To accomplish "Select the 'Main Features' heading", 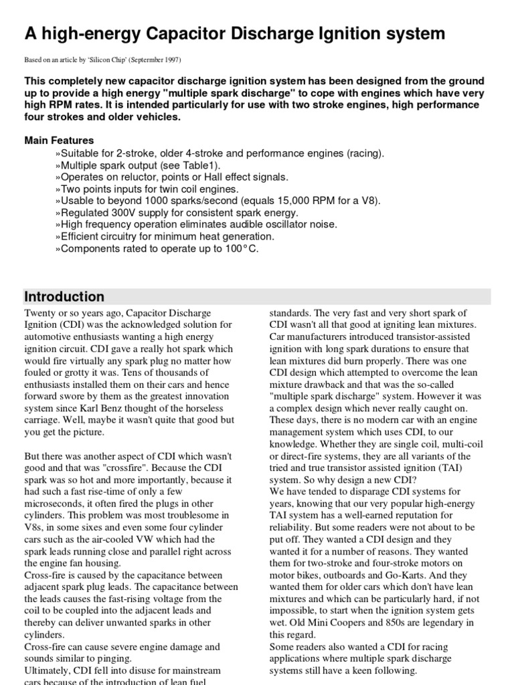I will pos(59,140).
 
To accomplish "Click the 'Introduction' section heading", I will pos(64,297).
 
